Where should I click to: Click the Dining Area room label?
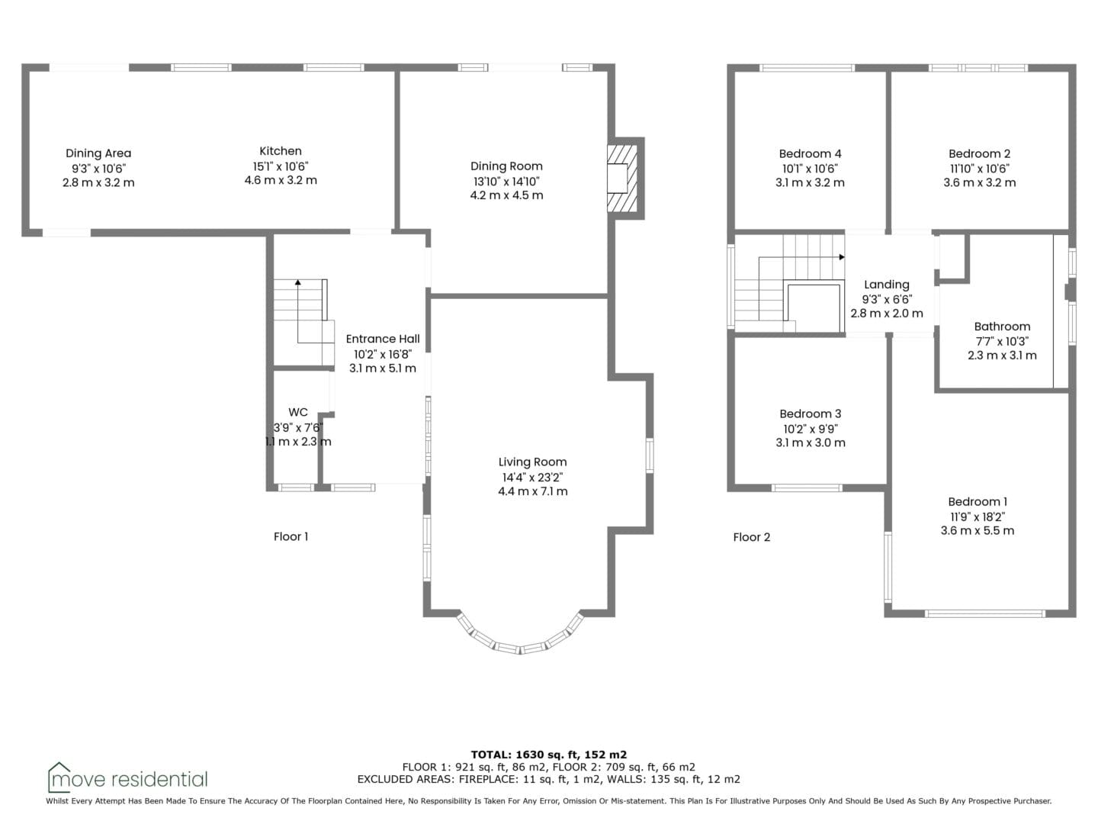click(98, 153)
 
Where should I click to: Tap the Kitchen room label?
click(280, 150)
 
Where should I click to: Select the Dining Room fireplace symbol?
click(622, 178)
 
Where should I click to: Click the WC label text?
click(297, 412)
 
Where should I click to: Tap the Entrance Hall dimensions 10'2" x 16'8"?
click(383, 354)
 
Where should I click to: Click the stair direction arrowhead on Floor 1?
click(297, 282)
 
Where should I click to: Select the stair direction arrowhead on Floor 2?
click(842, 257)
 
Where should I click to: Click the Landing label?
click(886, 285)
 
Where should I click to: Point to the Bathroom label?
click(1002, 327)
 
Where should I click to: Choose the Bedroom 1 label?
click(978, 501)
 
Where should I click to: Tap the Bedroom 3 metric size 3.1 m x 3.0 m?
click(811, 443)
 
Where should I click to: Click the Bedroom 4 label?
click(810, 153)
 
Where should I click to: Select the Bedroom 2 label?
click(980, 153)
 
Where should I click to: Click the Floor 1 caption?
click(291, 536)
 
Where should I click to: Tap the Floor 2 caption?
click(751, 537)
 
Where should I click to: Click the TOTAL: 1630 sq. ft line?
click(549, 755)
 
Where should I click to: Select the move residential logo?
click(127, 777)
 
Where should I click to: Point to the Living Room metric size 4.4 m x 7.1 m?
click(533, 491)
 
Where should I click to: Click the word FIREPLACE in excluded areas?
click(488, 779)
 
